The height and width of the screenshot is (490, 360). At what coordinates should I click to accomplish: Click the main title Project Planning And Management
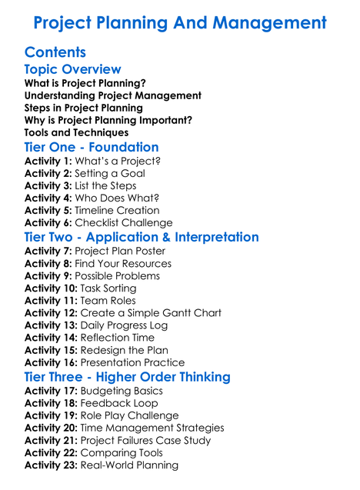click(180, 23)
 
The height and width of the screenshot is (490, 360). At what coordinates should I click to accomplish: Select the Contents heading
click(55, 52)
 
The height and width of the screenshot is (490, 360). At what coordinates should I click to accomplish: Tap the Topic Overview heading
click(73, 70)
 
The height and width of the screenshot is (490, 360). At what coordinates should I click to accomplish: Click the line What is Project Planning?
click(85, 83)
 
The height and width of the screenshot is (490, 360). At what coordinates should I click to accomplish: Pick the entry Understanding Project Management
click(113, 95)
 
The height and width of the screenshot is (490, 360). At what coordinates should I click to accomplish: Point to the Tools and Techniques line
click(77, 132)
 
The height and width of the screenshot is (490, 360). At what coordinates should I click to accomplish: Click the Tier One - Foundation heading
click(92, 147)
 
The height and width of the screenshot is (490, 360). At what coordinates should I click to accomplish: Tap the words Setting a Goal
click(110, 173)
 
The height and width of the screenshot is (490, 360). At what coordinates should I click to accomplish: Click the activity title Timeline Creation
click(117, 210)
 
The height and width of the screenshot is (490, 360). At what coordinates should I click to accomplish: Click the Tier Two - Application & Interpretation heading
click(142, 237)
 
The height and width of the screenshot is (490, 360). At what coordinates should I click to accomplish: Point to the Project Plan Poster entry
click(120, 251)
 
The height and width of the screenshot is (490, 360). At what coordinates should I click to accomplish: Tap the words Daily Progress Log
click(124, 325)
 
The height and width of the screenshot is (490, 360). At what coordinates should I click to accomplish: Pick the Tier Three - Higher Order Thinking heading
click(127, 377)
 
